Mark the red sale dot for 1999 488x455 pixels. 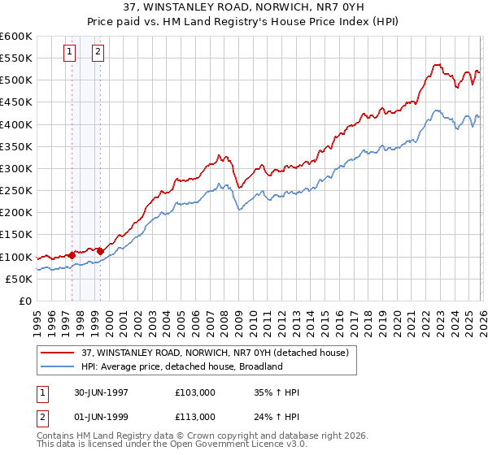(99, 250)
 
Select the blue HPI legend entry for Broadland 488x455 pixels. (181, 366)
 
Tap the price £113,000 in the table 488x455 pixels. (195, 417)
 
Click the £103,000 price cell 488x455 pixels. (195, 392)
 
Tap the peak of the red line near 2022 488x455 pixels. (437, 64)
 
